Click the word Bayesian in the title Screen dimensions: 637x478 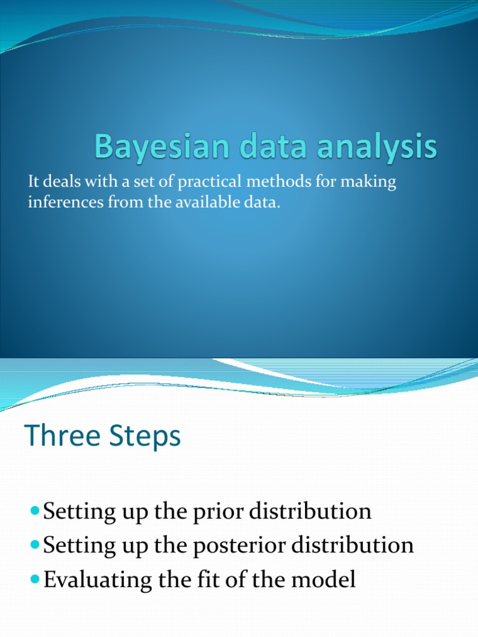click(x=148, y=149)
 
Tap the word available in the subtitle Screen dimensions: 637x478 click(x=202, y=204)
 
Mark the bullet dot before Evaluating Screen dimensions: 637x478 click(x=34, y=579)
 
